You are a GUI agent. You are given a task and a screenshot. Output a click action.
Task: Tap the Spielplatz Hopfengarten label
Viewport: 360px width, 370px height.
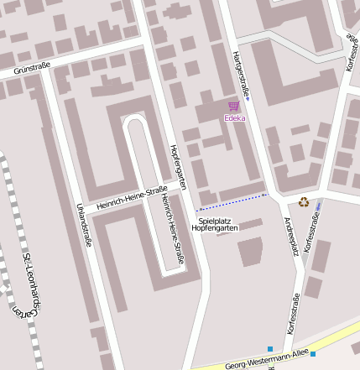[x=215, y=224]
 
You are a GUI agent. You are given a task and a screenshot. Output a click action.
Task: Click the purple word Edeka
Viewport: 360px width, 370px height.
[x=234, y=118]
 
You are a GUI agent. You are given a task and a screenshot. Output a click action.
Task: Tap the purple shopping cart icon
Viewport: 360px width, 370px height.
[x=233, y=107]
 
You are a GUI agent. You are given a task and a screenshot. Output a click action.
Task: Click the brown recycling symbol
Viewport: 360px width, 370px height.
[x=303, y=201]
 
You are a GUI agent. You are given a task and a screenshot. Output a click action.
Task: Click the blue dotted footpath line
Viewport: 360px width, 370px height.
[x=232, y=201]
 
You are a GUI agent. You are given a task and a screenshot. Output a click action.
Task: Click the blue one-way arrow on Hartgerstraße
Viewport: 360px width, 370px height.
[x=248, y=101]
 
